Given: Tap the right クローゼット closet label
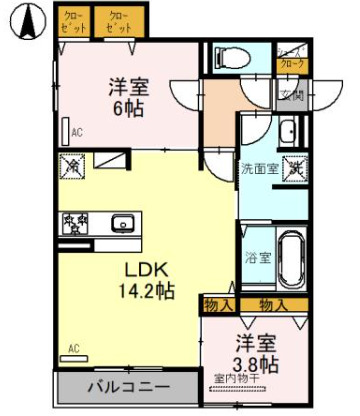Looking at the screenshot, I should [x=118, y=22].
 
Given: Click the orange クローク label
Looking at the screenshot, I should [x=291, y=62].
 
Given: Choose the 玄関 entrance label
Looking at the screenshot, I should [x=291, y=96].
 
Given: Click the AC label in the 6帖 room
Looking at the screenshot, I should [x=74, y=129].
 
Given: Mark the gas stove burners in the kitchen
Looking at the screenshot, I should [x=73, y=222].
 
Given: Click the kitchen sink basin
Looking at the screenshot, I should [x=123, y=222].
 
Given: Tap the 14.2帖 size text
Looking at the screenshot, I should [x=144, y=291].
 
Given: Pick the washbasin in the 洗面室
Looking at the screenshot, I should [x=288, y=132].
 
